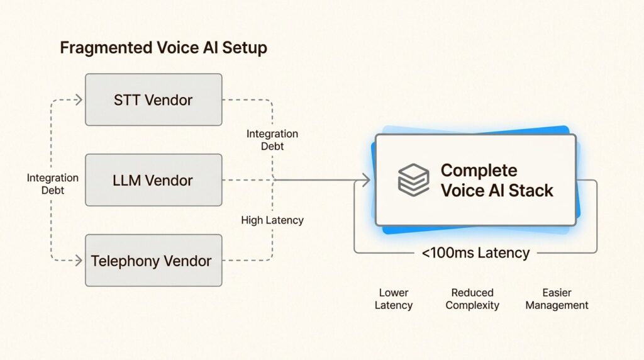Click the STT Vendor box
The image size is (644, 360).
click(x=153, y=99)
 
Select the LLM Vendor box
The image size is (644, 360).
click(x=153, y=180)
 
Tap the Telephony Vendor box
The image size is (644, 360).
click(x=153, y=261)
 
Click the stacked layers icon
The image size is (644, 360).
click(x=413, y=179)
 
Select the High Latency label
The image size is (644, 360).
click(x=272, y=220)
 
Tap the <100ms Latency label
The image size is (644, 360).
click(x=475, y=253)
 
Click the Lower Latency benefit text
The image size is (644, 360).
click(x=394, y=299)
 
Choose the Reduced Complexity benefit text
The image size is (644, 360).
click(x=472, y=299)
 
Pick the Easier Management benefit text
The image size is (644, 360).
click(x=557, y=299)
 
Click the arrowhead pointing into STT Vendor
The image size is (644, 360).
click(x=79, y=99)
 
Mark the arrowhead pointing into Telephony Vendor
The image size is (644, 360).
click(x=79, y=261)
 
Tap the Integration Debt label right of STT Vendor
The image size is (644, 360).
click(x=272, y=140)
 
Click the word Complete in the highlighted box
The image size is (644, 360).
click(x=479, y=170)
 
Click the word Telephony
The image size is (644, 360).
click(x=123, y=261)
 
